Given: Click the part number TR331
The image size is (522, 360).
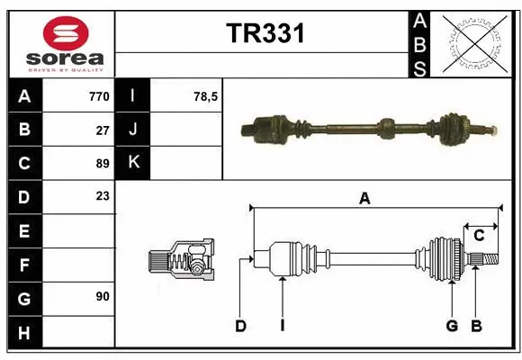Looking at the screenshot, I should click(x=265, y=34).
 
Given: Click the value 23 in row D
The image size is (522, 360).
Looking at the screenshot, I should click(x=103, y=195).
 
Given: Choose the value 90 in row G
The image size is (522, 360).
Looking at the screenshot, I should click(x=103, y=296).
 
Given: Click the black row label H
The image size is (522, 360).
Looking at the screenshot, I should click(x=23, y=333).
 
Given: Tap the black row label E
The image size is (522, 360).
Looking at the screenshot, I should click(x=23, y=231).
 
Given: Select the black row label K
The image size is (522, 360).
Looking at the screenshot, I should click(x=133, y=163).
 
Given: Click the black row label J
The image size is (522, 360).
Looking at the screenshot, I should click(x=133, y=130).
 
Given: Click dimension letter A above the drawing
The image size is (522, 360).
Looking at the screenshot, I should click(x=364, y=199).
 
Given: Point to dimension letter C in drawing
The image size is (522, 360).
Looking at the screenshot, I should click(x=479, y=236).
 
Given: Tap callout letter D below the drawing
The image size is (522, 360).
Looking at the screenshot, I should click(x=240, y=326).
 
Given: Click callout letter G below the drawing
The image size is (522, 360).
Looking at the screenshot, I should click(x=452, y=326).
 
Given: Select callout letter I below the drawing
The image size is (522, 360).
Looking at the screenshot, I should click(x=282, y=326).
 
